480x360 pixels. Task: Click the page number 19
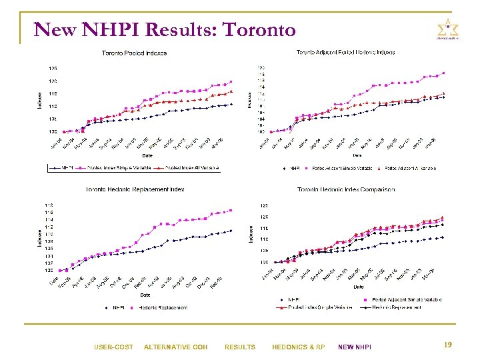point(448,345)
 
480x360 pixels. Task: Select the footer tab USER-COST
point(113,347)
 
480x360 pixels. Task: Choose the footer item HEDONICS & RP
point(298,347)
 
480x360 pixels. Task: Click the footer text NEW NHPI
point(355,347)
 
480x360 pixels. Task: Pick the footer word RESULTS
point(239,347)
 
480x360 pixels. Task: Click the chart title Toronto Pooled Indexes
point(134,53)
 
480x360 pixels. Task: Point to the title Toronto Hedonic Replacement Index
point(135,189)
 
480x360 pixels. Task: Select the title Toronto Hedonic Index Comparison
point(345,189)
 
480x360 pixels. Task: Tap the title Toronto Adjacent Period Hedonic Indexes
point(345,52)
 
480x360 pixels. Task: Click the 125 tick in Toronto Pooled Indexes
point(52,68)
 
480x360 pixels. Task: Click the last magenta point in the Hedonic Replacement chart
point(231,210)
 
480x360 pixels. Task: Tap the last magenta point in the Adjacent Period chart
point(443,73)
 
